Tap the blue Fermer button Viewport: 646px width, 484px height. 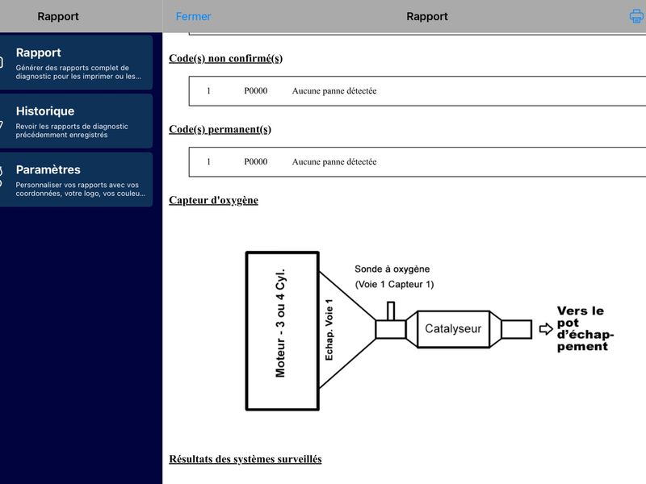point(193,16)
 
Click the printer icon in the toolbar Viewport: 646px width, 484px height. point(637,16)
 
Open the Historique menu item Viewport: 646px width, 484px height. point(76,121)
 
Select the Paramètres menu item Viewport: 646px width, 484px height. point(76,179)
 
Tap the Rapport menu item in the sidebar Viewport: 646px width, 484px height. point(76,62)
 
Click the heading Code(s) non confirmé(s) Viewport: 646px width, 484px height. point(226,58)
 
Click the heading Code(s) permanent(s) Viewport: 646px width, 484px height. point(220,129)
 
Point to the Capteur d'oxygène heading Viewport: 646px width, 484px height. point(213,200)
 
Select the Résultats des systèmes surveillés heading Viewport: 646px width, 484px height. point(245,459)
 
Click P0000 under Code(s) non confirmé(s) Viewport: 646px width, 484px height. point(255,91)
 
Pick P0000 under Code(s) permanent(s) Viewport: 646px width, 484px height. point(255,162)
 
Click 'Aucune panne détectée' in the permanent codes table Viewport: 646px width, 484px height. point(334,162)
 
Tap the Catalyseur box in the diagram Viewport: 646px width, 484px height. point(453,329)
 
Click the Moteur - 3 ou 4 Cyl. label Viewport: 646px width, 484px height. point(280,323)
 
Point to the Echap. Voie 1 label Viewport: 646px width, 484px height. point(329,330)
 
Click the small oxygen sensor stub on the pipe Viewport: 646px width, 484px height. point(391,311)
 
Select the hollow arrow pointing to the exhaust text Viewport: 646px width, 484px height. point(546,329)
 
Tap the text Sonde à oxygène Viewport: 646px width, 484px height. point(392,269)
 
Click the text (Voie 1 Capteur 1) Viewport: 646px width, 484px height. point(394,285)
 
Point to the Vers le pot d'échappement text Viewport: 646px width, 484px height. point(585,328)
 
